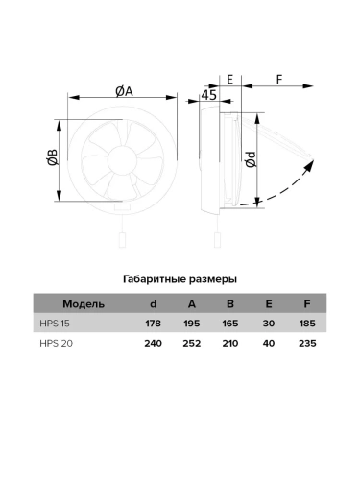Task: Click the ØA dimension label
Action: tap(124, 91)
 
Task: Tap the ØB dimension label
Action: tap(53, 157)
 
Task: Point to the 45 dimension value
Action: tap(209, 95)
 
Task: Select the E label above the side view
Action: tap(229, 80)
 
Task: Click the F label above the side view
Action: tap(279, 80)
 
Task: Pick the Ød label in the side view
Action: tap(252, 159)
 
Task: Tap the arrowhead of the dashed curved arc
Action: tap(309, 165)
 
